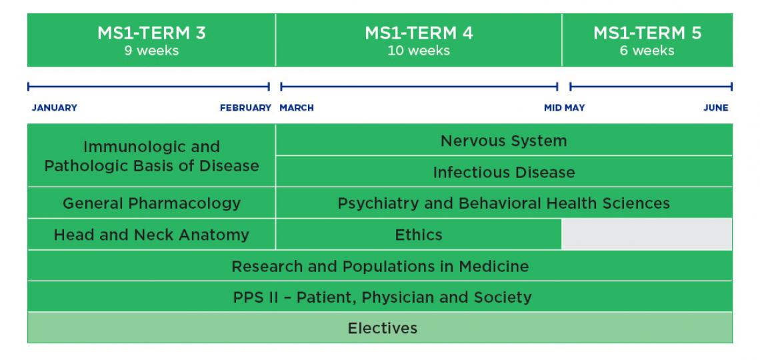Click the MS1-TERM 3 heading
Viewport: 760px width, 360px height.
[x=151, y=33]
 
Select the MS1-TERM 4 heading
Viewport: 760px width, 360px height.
[x=419, y=33]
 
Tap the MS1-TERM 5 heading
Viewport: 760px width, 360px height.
[x=647, y=33]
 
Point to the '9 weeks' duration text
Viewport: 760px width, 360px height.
[x=151, y=51]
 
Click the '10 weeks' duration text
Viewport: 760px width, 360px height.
[x=419, y=51]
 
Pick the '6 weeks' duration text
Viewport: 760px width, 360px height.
[x=647, y=51]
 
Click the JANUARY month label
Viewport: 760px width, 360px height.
[x=55, y=108]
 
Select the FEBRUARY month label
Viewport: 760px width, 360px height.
[x=245, y=108]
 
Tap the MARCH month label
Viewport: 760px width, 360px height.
[x=297, y=108]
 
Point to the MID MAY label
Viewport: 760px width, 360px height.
[x=564, y=108]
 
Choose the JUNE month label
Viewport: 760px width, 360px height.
[x=715, y=108]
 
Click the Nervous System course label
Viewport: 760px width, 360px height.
[x=503, y=141]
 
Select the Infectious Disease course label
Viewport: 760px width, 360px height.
[x=503, y=173]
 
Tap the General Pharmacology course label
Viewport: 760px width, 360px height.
[x=151, y=203]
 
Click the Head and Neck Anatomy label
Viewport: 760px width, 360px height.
[x=151, y=235]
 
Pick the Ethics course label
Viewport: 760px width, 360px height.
[x=419, y=235]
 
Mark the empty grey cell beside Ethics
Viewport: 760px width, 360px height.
[x=647, y=235]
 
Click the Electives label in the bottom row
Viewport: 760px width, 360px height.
[x=382, y=328]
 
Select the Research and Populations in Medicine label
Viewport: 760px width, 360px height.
[x=380, y=267]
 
